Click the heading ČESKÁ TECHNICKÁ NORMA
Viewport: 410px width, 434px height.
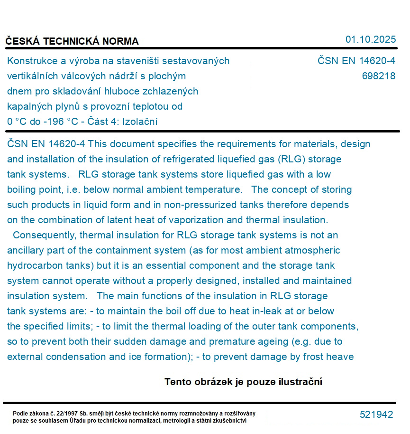click(x=72, y=41)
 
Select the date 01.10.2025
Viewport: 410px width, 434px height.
click(x=370, y=39)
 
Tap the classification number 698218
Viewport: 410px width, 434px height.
click(x=378, y=76)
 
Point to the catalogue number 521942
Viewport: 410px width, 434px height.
click(x=376, y=415)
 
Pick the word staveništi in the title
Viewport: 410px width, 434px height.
click(x=137, y=61)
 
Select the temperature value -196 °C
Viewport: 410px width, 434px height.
click(x=60, y=122)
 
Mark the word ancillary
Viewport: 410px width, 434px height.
click(x=26, y=250)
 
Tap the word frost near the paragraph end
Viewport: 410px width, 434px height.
click(x=316, y=357)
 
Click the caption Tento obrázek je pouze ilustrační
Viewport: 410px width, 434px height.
click(x=243, y=382)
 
